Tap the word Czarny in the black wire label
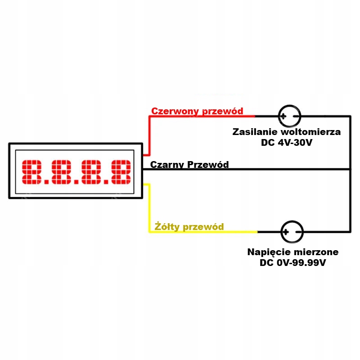(x=167, y=165)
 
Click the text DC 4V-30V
(x=287, y=143)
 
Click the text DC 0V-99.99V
(x=293, y=263)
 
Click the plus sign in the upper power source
(x=283, y=116)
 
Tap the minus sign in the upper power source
(x=297, y=117)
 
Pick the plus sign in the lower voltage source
(x=286, y=232)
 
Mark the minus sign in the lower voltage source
(x=299, y=232)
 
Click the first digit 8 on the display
(x=31, y=172)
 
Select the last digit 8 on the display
(x=121, y=172)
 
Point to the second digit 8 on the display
(x=61, y=172)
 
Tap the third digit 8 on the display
(x=91, y=172)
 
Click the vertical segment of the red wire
(x=149, y=136)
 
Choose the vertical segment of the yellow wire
(x=149, y=208)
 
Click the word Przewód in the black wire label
(x=208, y=165)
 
